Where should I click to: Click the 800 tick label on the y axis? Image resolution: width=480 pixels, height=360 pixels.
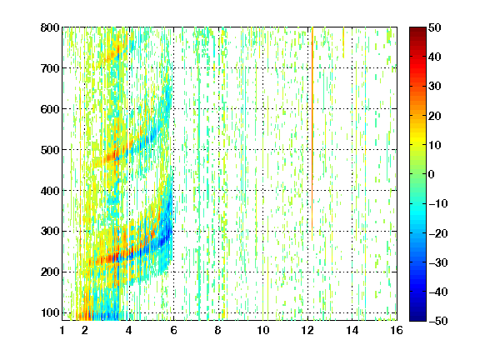click(x=50, y=27)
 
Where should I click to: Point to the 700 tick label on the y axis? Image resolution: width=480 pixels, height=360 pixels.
click(x=50, y=68)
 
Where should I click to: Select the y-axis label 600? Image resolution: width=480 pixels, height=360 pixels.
click(x=50, y=109)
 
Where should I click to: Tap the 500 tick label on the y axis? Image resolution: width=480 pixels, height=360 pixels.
click(x=50, y=150)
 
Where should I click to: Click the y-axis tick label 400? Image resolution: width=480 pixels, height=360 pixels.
click(x=50, y=191)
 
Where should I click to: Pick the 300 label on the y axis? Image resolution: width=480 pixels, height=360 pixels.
click(x=50, y=232)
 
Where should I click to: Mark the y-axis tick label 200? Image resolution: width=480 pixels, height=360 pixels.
click(x=50, y=272)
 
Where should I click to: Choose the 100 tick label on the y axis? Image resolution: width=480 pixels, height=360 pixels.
click(x=50, y=312)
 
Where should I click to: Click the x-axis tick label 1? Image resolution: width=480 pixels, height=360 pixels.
click(x=62, y=330)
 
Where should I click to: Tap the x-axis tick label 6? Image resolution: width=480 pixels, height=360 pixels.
click(x=174, y=330)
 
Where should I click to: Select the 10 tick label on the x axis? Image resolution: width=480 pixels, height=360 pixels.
click(x=263, y=330)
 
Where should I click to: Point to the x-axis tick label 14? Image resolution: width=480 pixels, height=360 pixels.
click(x=352, y=330)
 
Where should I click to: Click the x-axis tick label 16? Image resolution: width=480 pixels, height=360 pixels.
click(x=397, y=330)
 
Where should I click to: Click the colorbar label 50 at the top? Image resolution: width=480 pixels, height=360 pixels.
click(x=435, y=27)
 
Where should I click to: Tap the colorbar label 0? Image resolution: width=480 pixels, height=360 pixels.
click(x=432, y=174)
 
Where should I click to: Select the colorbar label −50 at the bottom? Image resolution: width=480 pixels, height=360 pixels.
click(x=438, y=321)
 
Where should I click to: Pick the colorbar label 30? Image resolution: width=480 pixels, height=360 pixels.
click(x=435, y=86)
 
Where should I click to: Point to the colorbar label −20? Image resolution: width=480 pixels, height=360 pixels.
click(x=438, y=233)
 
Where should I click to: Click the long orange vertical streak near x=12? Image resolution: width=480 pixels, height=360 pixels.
click(x=312, y=134)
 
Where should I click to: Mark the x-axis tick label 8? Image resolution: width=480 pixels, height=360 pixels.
click(x=218, y=330)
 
